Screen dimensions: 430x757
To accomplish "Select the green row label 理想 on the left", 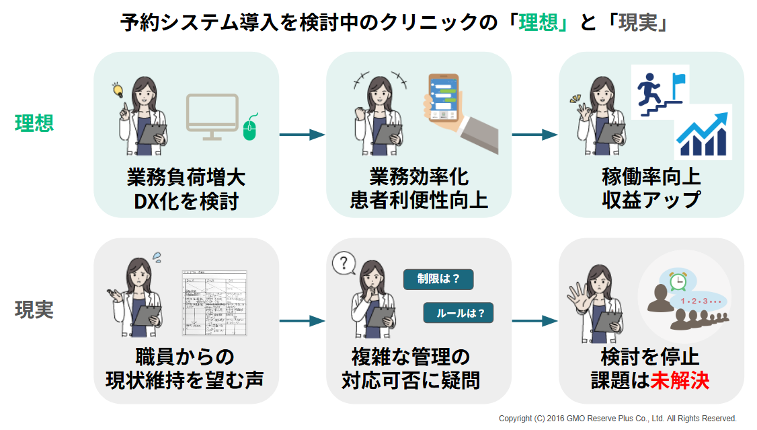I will (x=34, y=123).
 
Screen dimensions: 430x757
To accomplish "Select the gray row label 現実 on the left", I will (x=34, y=310).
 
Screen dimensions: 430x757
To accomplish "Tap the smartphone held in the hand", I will (x=444, y=98).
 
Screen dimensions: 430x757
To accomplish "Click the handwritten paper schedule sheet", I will (x=214, y=302).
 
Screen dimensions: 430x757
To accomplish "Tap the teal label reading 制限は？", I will (x=438, y=279).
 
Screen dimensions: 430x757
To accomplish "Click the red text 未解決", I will (x=680, y=380).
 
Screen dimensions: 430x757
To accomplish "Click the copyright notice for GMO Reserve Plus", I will (x=617, y=419).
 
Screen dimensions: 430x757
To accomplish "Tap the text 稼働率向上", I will (x=651, y=177).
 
